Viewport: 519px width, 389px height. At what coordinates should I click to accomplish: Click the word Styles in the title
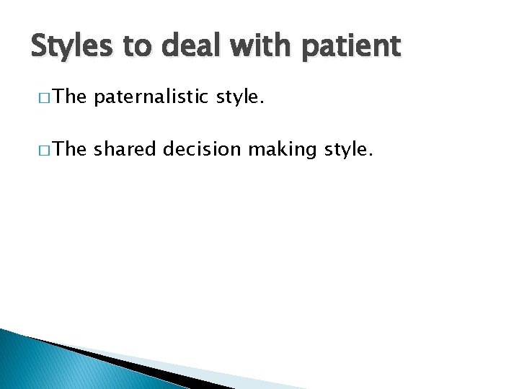click(71, 46)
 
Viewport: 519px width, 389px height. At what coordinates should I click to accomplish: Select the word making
click(272, 150)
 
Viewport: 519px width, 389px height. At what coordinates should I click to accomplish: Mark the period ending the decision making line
click(371, 154)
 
